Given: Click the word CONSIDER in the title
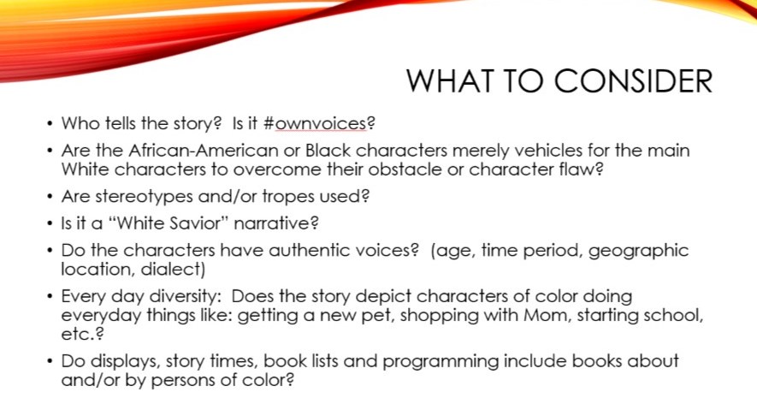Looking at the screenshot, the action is [x=633, y=80].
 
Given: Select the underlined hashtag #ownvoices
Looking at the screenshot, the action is [x=316, y=124].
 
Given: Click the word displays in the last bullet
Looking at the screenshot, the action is [x=126, y=361].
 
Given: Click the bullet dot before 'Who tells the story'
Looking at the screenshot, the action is [x=50, y=124].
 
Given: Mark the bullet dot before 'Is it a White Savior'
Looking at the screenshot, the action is [x=50, y=223].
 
